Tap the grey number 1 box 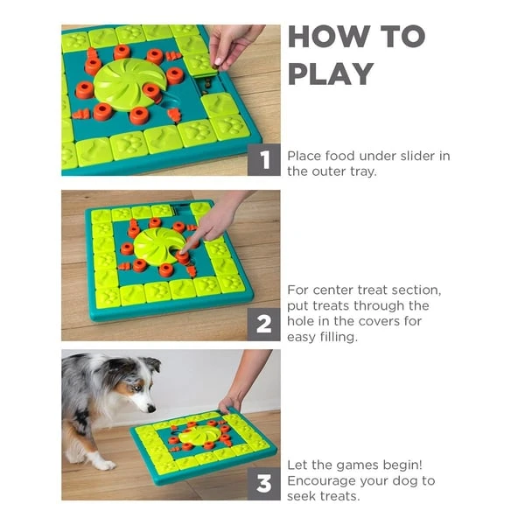[x=264, y=161]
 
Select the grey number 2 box [x=264, y=325]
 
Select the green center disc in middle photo [x=157, y=246]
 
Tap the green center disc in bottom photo [x=199, y=435]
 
